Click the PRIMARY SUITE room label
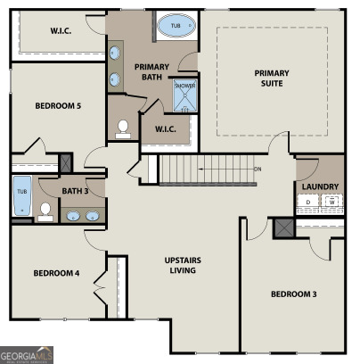pyautogui.click(x=272, y=79)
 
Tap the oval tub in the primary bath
pyautogui.click(x=175, y=27)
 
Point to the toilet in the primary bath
pyautogui.click(x=123, y=128)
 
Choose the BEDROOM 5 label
pyautogui.click(x=58, y=106)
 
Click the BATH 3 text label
pyautogui.click(x=74, y=190)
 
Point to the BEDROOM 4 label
pyautogui.click(x=56, y=273)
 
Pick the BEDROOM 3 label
pyautogui.click(x=293, y=294)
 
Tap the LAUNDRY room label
pyautogui.click(x=319, y=186)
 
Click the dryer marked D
pyautogui.click(x=309, y=203)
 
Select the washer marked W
pyautogui.click(x=331, y=203)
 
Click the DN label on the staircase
pyautogui.click(x=258, y=169)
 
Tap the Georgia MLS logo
pyautogui.click(x=27, y=356)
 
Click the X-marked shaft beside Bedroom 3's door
pyautogui.click(x=284, y=227)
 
